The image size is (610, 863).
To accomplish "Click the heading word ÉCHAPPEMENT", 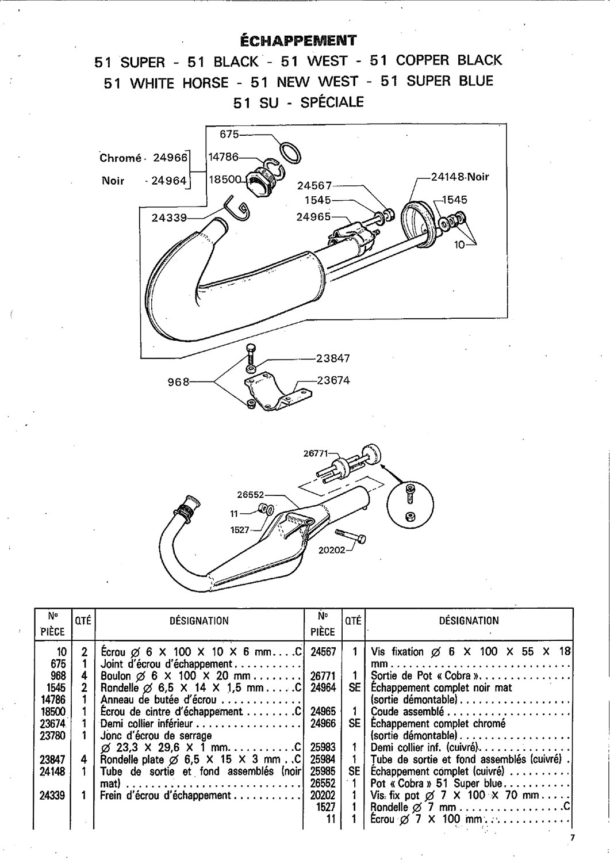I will [x=298, y=40].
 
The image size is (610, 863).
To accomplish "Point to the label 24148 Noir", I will [x=460, y=177].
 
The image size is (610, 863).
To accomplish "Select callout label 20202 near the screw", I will [x=332, y=549].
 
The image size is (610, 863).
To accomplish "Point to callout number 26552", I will [x=250, y=494].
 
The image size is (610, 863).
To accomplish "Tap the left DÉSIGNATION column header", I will [x=200, y=621].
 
